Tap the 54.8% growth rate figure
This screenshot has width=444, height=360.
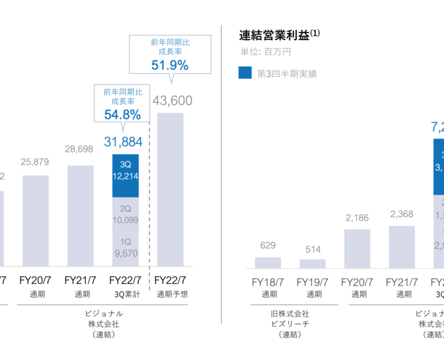[122, 114]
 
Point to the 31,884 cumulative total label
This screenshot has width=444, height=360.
[122, 142]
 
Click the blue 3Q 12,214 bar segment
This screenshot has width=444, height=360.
[125, 175]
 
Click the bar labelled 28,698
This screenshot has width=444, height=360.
[80, 216]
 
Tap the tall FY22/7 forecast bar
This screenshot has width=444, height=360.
[170, 189]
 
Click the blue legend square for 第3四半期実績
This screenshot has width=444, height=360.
[245, 73]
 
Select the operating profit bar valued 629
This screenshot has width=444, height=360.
[268, 262]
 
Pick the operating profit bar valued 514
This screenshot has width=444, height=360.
[312, 263]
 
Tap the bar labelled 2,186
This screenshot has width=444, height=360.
[357, 248]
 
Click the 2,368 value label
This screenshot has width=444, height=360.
[401, 214]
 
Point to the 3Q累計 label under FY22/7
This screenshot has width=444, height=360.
[125, 295]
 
